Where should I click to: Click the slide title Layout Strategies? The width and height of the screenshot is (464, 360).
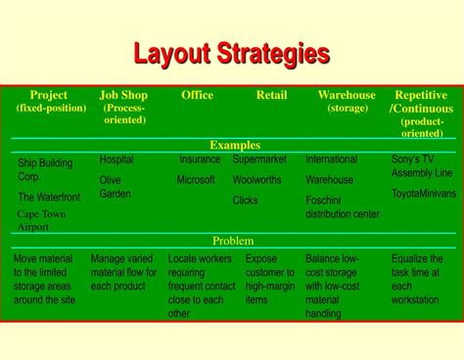[231, 53]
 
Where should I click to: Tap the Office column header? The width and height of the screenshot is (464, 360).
[198, 95]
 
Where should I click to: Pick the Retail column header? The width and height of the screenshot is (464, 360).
[271, 95]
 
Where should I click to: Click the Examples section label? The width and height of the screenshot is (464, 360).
[234, 145]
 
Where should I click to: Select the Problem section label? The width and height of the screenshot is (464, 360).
[233, 241]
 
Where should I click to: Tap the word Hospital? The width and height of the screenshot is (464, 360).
[116, 159]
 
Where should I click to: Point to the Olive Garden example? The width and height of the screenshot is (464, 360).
[116, 187]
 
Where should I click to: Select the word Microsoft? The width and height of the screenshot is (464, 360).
[196, 180]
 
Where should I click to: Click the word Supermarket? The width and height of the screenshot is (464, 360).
[260, 159]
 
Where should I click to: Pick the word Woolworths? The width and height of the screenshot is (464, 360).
[257, 180]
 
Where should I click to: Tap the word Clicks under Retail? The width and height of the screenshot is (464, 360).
[245, 201]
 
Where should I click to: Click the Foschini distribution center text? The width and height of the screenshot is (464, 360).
[342, 207]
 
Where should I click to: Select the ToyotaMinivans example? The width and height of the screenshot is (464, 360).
[424, 194]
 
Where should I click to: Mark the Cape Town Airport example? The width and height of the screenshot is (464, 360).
[41, 219]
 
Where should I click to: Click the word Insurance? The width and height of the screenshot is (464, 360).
[200, 159]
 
